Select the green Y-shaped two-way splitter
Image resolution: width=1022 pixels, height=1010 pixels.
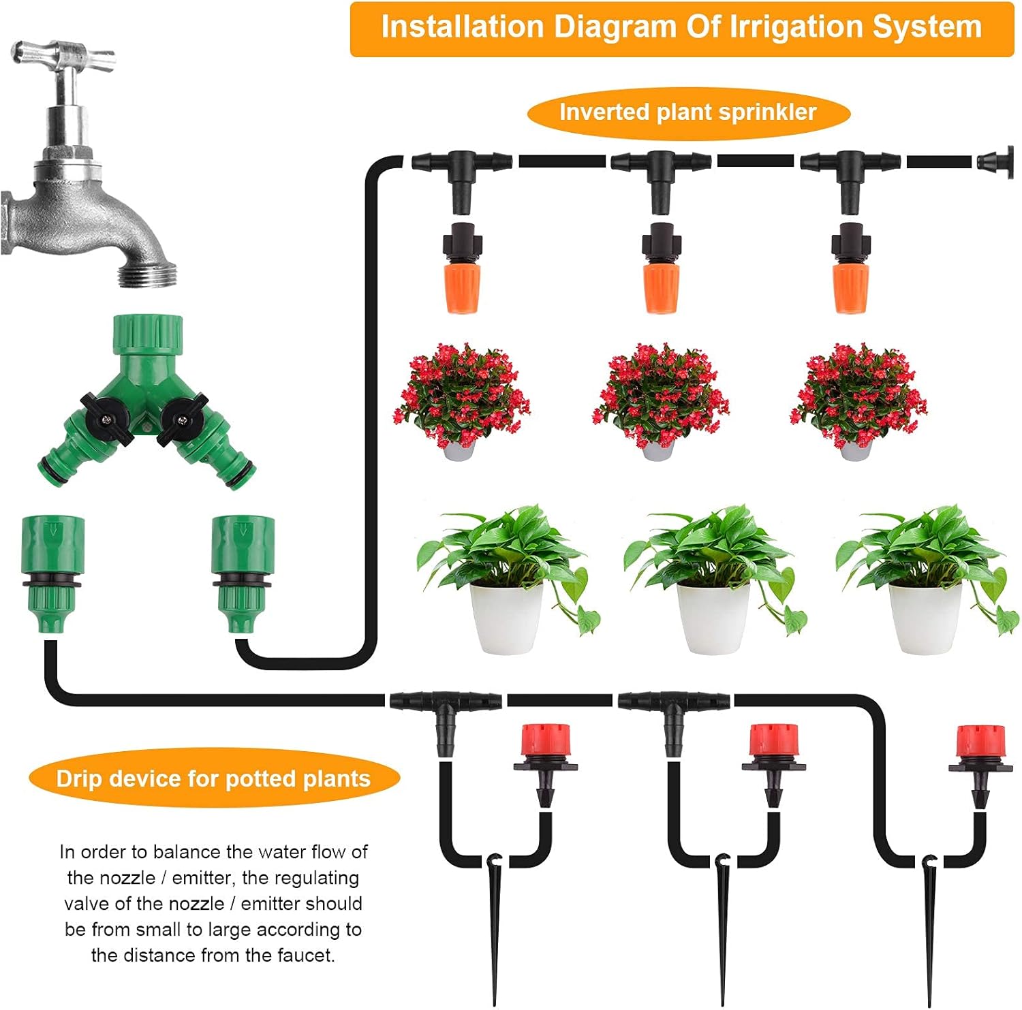click(x=147, y=401)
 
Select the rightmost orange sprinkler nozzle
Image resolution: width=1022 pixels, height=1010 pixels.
click(x=851, y=285)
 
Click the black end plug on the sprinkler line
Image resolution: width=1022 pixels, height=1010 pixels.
click(x=995, y=162)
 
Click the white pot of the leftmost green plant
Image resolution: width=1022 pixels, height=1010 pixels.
click(x=508, y=616)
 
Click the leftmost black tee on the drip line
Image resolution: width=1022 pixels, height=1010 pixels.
click(x=446, y=708)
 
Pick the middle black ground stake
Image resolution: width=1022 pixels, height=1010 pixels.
click(x=723, y=926)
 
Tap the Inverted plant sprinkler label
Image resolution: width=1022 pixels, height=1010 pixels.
click(x=687, y=112)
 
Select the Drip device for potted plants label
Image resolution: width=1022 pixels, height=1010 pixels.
click(x=213, y=778)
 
